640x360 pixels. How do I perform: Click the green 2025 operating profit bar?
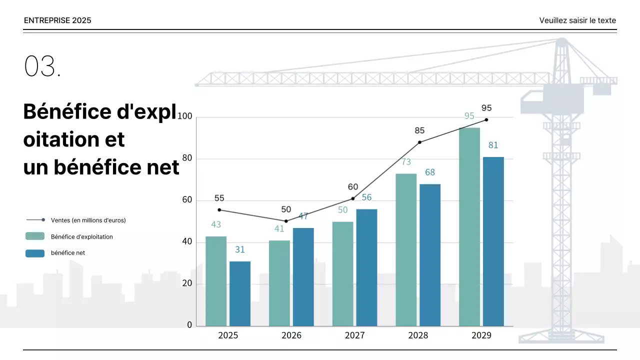pyautogui.click(x=216, y=281)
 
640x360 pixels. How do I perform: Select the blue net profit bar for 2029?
pyautogui.click(x=493, y=241)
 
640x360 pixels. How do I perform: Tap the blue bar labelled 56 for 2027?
pyautogui.click(x=366, y=267)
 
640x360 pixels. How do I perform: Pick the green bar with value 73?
pyautogui.click(x=406, y=250)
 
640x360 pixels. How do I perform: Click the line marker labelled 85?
pyautogui.click(x=419, y=142)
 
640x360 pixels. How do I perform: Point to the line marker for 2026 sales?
pyautogui.click(x=286, y=221)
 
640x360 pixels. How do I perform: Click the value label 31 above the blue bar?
pyautogui.click(x=239, y=249)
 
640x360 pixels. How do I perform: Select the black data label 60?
pyautogui.click(x=353, y=187)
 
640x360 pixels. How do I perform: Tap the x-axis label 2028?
pyautogui.click(x=418, y=335)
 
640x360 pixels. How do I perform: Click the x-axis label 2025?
pyautogui.click(x=228, y=335)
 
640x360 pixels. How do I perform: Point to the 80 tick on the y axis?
pyautogui.click(x=186, y=158)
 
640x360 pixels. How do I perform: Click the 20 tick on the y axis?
pyautogui.click(x=186, y=283)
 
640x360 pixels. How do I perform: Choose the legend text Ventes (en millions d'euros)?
pyautogui.click(x=88, y=220)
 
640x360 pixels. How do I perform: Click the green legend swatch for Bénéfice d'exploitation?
pyautogui.click(x=35, y=236)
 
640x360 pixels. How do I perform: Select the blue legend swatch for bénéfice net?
pyautogui.click(x=35, y=253)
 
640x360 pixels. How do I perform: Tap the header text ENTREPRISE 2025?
pyautogui.click(x=57, y=20)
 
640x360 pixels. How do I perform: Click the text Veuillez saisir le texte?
pyautogui.click(x=577, y=20)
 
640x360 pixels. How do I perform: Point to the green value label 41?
pyautogui.click(x=279, y=229)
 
